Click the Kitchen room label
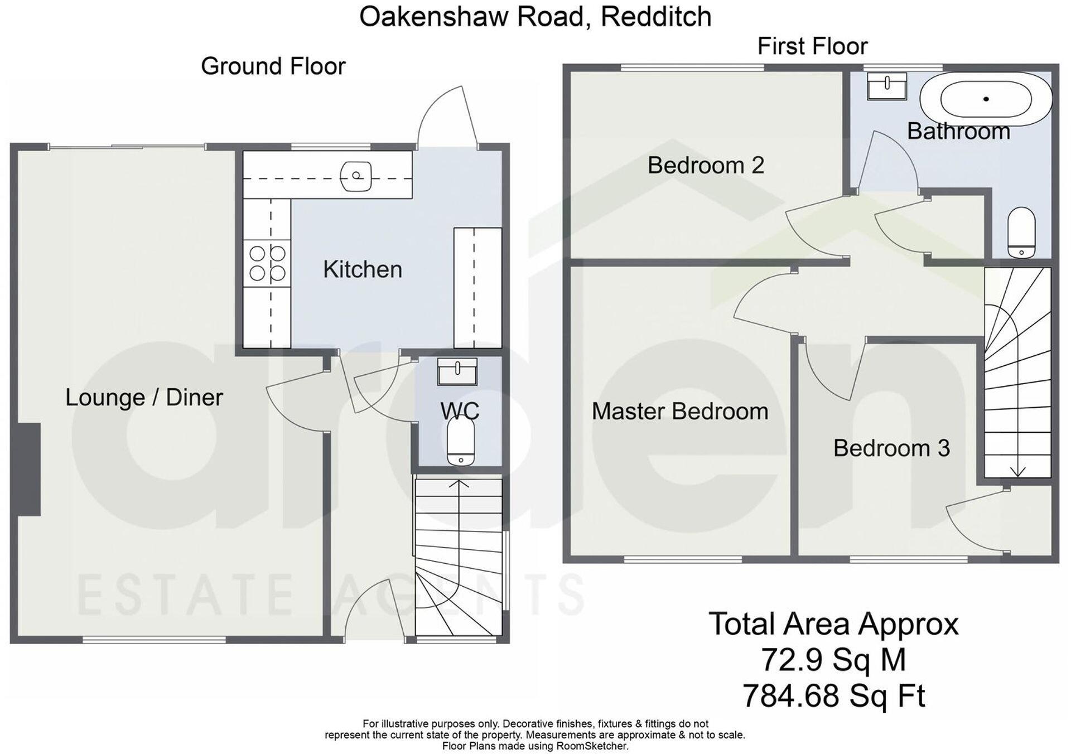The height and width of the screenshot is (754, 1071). click(363, 270)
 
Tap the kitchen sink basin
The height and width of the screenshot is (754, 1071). click(356, 176)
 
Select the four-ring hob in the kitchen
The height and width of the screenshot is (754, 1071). click(267, 263)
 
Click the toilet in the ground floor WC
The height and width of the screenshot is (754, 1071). click(461, 442)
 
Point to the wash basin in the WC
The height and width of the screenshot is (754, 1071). click(457, 371)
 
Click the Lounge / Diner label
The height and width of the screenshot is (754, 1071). click(144, 398)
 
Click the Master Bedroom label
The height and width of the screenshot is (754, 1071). click(679, 412)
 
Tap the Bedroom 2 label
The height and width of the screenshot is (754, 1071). click(705, 166)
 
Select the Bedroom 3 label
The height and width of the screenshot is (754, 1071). click(891, 448)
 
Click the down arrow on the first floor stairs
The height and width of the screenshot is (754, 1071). click(1018, 471)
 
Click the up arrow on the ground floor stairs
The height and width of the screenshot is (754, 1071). click(459, 483)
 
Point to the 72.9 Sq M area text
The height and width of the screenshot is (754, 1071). click(833, 660)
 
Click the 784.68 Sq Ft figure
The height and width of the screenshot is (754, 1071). click(833, 696)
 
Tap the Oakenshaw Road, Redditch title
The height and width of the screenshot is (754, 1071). click(535, 17)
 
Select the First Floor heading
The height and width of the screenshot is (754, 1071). click(812, 46)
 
